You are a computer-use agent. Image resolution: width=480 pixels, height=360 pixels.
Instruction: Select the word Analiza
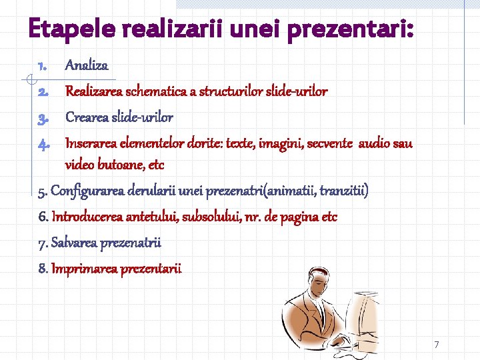pyautogui.click(x=86, y=65)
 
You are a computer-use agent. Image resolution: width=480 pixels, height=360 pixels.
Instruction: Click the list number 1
pyautogui.click(x=42, y=66)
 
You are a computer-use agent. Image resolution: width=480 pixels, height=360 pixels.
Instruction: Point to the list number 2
pyautogui.click(x=42, y=92)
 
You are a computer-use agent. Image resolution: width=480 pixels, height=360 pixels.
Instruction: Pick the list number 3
pyautogui.click(x=42, y=119)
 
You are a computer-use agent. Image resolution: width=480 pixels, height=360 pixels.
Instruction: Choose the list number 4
pyautogui.click(x=42, y=144)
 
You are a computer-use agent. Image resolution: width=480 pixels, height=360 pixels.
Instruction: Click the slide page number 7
pyautogui.click(x=437, y=345)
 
